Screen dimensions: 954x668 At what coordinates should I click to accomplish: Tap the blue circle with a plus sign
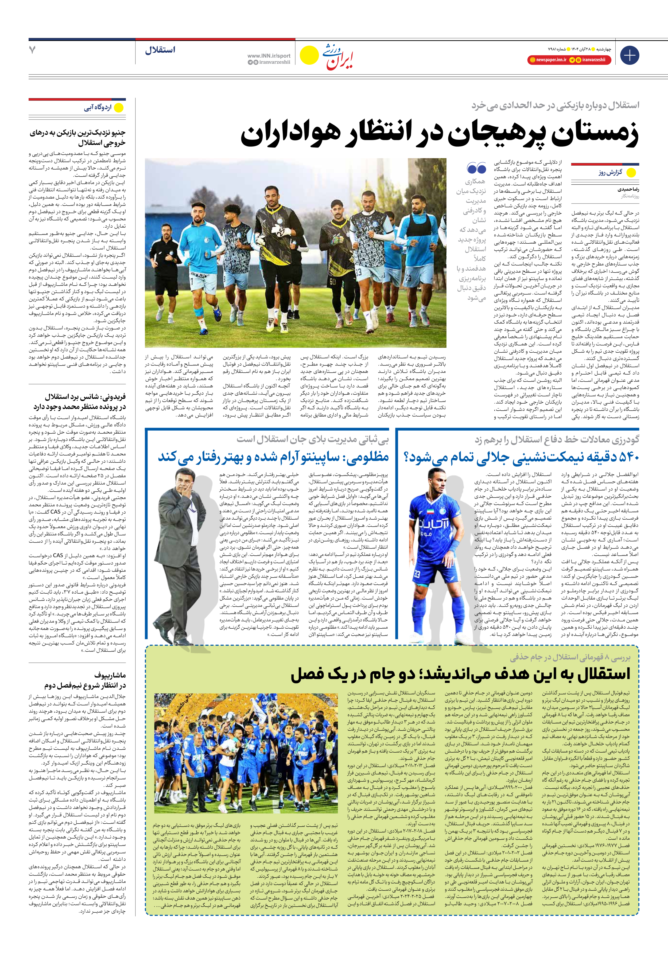pos(629,55)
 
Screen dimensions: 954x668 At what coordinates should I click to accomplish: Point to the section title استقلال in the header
pos(160,50)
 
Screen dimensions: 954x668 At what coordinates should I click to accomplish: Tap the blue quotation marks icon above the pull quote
pos(476,168)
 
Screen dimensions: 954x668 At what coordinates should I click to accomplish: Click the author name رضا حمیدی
pos(628,189)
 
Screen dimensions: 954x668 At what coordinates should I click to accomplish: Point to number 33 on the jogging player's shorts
pos(358,272)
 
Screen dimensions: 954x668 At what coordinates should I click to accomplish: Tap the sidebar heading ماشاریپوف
pos(110,675)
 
